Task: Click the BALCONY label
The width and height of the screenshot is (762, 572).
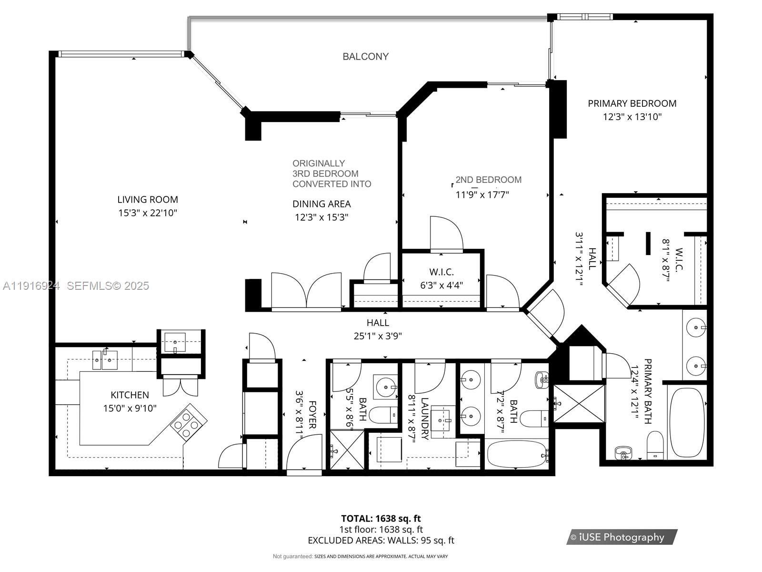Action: (x=365, y=56)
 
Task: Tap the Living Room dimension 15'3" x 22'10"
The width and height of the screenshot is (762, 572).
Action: (x=148, y=213)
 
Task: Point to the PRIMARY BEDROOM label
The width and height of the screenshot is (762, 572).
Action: (x=632, y=103)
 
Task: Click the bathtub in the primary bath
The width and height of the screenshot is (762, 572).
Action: (x=687, y=422)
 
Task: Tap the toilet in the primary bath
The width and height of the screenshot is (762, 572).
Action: (x=655, y=445)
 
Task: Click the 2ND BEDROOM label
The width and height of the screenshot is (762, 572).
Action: (x=488, y=180)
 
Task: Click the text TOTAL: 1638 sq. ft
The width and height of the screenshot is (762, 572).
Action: (x=381, y=518)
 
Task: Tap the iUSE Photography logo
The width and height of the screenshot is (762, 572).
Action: (x=622, y=537)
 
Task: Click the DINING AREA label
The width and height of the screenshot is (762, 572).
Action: (x=321, y=204)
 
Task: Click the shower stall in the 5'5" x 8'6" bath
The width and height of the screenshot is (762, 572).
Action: (x=347, y=449)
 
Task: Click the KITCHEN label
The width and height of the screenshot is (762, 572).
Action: (x=130, y=395)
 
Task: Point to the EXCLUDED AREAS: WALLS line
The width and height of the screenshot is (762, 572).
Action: (x=381, y=540)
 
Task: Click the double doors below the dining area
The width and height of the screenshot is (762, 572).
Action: (x=306, y=291)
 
